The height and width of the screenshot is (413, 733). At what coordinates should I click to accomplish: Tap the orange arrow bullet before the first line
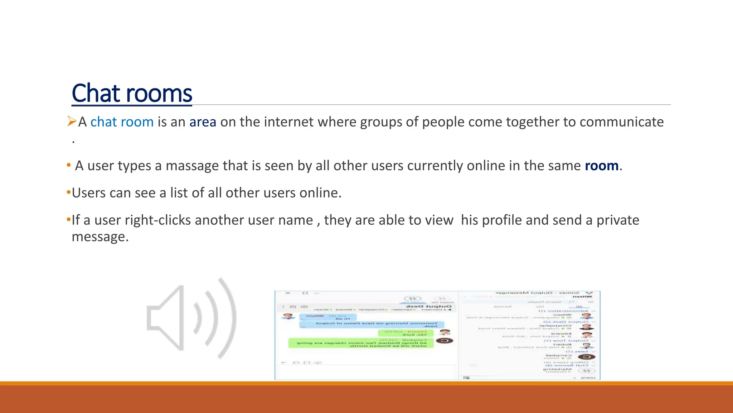72,122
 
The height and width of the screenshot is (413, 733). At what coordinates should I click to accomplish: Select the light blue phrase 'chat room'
122,122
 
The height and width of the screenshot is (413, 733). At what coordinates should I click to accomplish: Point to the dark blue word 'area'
203,122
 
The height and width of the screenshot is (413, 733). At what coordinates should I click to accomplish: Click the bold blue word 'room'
601,166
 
